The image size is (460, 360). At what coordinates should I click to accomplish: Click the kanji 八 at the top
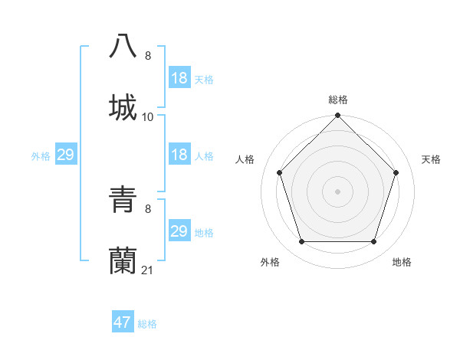[x=123, y=46]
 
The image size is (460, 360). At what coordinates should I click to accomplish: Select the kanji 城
[x=123, y=107]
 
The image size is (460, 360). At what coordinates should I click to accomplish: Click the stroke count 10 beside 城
[x=148, y=117]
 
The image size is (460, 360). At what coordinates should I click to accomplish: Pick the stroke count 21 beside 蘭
[x=148, y=270]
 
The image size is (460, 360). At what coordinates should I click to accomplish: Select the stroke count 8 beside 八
[x=148, y=55]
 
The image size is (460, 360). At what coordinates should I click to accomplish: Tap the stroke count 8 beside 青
[x=148, y=208]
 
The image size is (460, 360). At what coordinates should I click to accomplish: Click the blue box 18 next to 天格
[x=179, y=78]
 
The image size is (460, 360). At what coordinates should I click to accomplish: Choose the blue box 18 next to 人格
[x=179, y=155]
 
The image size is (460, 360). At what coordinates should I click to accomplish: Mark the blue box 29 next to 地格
[x=179, y=231]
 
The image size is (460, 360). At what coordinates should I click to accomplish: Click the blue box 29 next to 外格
[x=65, y=155]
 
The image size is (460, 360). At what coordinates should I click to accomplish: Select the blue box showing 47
[x=123, y=322]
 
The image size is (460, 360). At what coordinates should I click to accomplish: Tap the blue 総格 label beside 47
[x=147, y=324]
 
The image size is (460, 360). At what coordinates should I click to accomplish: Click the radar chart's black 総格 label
[x=338, y=100]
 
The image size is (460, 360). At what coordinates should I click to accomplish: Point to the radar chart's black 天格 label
[x=432, y=159]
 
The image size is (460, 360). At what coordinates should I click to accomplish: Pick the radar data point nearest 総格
[x=338, y=116]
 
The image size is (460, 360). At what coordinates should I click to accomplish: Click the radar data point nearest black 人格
[x=280, y=172]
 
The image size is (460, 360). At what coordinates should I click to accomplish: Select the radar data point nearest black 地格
[x=374, y=242]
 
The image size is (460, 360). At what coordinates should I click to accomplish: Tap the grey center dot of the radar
[x=338, y=191]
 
